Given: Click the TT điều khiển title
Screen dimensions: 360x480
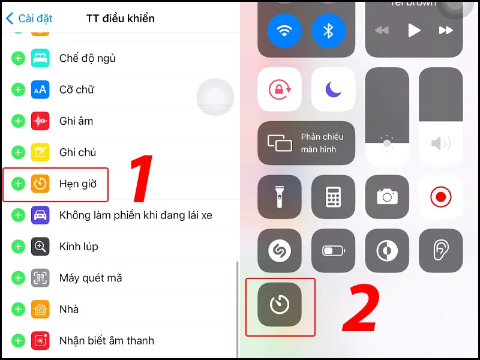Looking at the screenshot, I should coord(121,19).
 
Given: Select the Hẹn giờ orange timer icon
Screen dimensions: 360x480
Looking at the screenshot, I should coord(40,184).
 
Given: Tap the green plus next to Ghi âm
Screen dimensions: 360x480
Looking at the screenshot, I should coord(18,121).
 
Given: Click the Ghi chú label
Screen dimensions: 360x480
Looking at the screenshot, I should coord(77,152).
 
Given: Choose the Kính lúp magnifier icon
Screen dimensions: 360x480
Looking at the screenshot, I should coord(40,246).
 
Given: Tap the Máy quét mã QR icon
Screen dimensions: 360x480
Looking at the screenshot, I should coord(40,278).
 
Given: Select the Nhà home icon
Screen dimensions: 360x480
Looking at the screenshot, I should coord(40,309).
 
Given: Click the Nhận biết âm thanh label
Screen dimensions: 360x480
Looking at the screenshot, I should coord(106,341).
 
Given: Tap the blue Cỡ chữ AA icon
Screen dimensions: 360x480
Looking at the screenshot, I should coord(40,89).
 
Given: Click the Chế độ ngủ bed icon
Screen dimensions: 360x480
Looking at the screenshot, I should coord(40,58).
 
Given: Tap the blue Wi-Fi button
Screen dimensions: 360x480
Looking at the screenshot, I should coord(284,31).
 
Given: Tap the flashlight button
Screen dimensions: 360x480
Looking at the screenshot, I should coord(280,197).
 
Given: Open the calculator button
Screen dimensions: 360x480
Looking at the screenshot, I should coord(333,197).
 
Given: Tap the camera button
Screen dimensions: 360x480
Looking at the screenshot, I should coord(387,197).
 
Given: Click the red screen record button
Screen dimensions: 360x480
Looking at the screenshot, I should coord(440,197).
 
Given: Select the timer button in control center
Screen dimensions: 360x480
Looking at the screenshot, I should coord(280,305).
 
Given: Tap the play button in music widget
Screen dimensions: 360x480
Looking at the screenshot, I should coord(414,30).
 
